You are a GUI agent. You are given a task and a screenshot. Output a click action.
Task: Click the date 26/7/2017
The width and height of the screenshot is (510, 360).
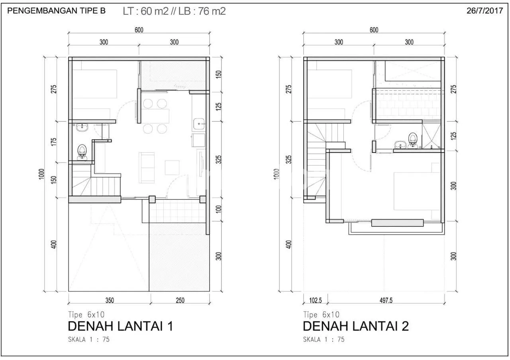click(x=485, y=11)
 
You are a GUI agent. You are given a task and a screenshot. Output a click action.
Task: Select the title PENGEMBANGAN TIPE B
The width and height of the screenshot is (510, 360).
click(x=57, y=11)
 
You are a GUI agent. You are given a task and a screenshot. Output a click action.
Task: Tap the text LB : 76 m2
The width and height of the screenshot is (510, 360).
click(x=202, y=11)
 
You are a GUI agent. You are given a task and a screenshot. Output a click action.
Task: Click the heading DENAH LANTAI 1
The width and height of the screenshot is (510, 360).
click(x=120, y=326)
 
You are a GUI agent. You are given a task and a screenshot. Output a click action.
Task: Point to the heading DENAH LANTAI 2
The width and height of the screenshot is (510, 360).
click(x=356, y=326)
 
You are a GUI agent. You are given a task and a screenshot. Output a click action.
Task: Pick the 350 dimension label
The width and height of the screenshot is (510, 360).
click(x=110, y=300)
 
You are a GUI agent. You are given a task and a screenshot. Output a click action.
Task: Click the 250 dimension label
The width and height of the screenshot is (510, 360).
click(x=180, y=300)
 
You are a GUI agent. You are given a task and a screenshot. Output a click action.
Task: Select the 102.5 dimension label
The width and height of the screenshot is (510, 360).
click(x=315, y=300)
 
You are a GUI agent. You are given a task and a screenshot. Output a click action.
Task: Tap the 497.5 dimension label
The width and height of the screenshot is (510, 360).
click(x=386, y=300)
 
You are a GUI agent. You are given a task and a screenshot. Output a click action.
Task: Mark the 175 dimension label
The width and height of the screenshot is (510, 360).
click(x=53, y=142)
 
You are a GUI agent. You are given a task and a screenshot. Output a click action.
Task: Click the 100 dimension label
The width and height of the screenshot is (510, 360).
click(x=218, y=209)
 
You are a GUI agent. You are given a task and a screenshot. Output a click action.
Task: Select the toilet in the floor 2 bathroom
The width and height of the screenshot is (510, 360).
click(x=412, y=140)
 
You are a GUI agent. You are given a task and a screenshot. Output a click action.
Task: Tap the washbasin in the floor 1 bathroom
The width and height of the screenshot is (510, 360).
click(x=82, y=127)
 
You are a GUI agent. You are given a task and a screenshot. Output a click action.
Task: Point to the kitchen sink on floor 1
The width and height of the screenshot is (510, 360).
click(x=199, y=124)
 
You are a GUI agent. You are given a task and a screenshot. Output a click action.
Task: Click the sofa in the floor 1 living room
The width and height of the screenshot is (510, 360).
click(x=147, y=168)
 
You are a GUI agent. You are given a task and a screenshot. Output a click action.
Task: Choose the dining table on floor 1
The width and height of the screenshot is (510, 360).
click(x=155, y=116)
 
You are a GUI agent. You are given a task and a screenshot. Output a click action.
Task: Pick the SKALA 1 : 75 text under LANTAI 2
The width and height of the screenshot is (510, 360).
click(x=324, y=339)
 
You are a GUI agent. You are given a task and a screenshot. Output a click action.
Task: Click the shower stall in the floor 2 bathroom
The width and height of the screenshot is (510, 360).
click(x=432, y=135)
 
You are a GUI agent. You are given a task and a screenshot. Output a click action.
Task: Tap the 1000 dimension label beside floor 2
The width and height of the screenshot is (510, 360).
click(x=276, y=174)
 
